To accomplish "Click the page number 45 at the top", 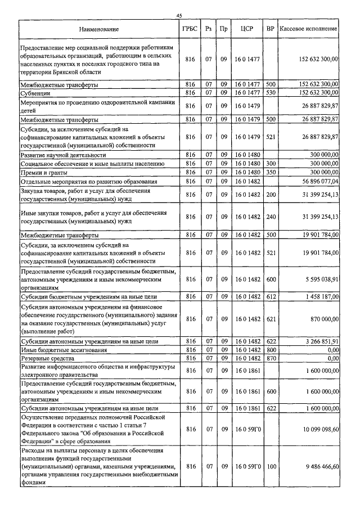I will (179, 15).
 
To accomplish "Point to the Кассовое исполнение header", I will (309, 28).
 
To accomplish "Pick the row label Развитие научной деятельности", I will (62, 155).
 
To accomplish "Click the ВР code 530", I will (271, 93).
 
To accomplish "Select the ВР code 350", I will (271, 173).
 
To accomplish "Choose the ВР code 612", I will (271, 296).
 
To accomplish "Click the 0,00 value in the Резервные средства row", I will (332, 358).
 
